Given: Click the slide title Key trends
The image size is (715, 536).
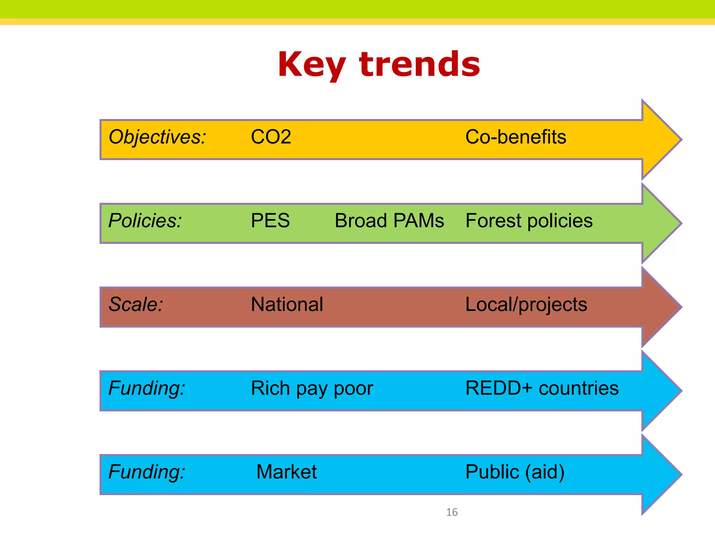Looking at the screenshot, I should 379,65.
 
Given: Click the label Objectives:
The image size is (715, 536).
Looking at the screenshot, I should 157,137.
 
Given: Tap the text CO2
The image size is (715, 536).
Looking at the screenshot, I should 271,137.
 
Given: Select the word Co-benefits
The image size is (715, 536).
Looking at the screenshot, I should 516,137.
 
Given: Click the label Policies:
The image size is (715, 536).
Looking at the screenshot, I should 145,221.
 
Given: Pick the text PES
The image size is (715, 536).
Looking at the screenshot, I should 270,221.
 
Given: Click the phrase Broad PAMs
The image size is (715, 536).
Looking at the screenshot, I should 389,221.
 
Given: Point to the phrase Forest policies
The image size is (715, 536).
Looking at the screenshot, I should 529,221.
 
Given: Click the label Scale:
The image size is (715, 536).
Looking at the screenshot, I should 136,304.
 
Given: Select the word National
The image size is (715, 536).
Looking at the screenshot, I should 287,304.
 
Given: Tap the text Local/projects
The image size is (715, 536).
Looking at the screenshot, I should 526,304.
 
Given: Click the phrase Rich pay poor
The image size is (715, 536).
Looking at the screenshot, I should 312,388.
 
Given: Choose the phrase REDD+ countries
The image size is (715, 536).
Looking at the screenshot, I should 542,388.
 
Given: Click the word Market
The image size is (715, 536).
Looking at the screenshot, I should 286,472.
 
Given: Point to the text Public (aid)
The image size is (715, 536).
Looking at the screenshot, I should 515,472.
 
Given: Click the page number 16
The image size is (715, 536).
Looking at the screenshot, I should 452,512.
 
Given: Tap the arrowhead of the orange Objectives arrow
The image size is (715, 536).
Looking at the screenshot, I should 660,140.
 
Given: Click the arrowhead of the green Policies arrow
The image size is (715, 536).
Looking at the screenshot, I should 660,223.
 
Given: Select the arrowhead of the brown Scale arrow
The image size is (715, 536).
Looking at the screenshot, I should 660,307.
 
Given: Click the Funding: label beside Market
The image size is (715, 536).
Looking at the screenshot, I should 147,472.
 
